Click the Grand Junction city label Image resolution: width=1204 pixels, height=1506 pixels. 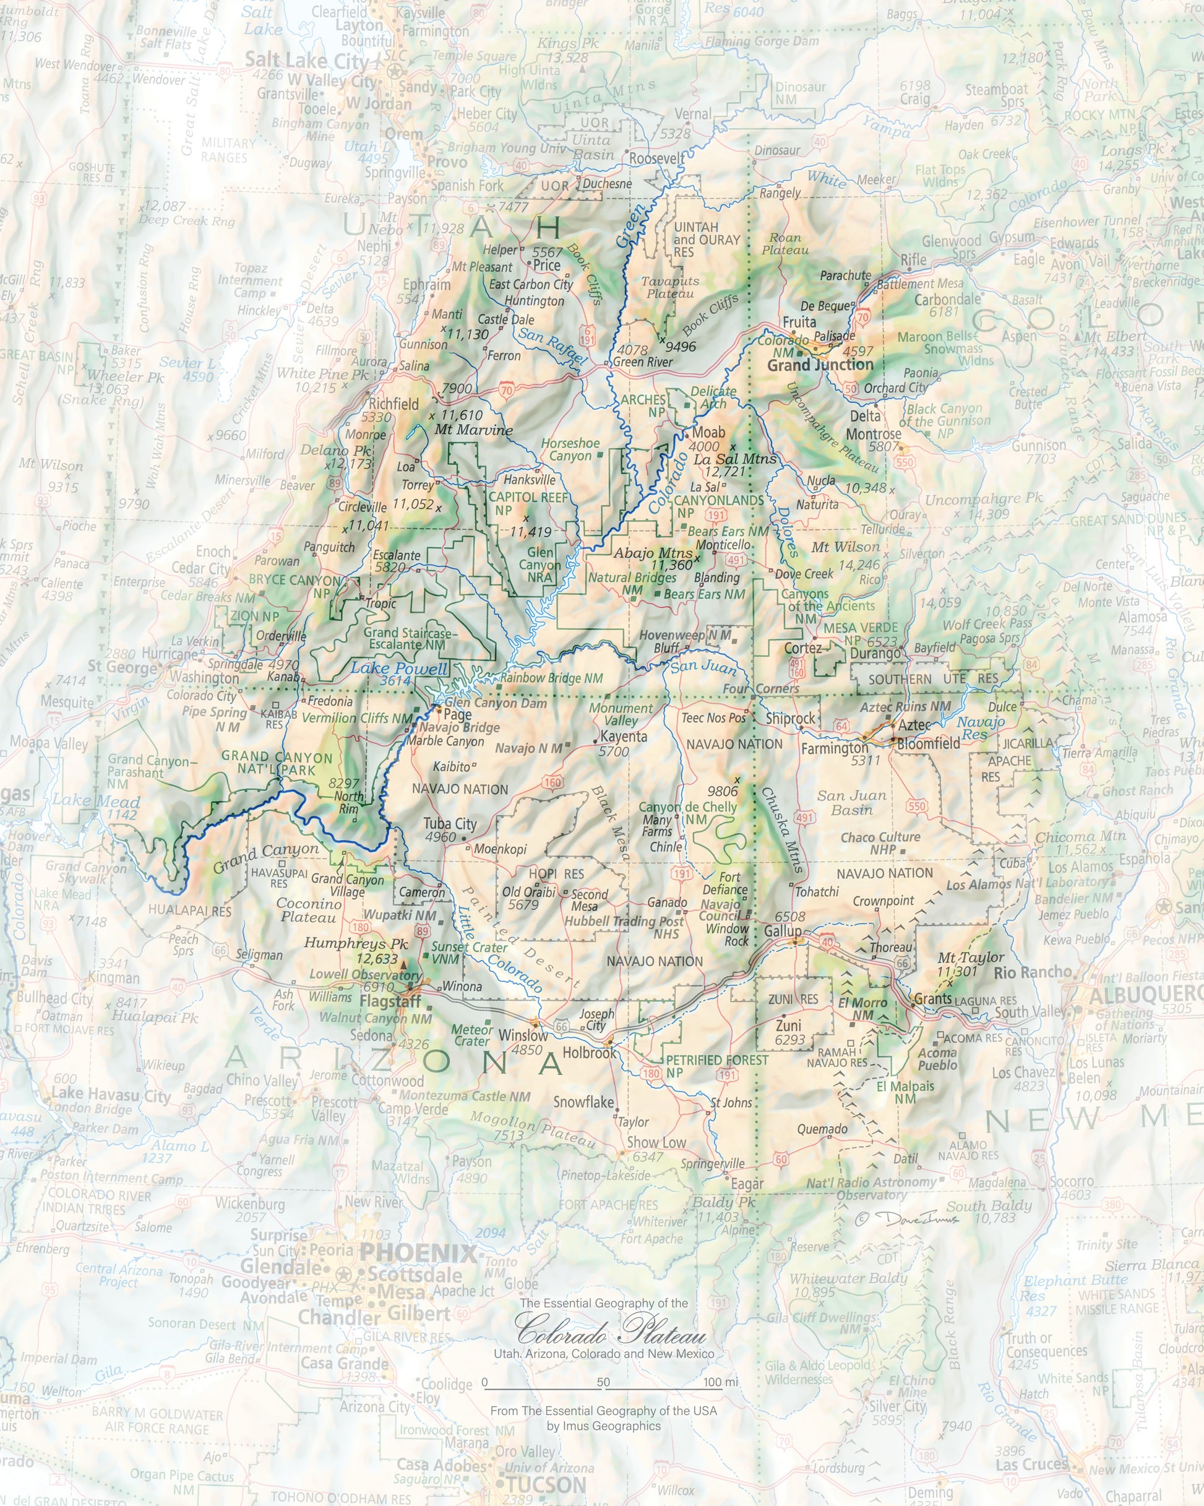click(820, 365)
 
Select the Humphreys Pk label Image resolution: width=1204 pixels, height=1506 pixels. click(356, 943)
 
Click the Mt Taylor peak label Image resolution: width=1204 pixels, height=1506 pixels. click(970, 958)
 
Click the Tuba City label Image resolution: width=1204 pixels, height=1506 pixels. click(450, 823)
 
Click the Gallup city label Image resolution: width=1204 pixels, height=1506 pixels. click(782, 931)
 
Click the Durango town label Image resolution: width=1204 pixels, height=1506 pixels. click(875, 654)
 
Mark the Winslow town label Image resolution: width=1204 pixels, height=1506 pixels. click(522, 1035)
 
